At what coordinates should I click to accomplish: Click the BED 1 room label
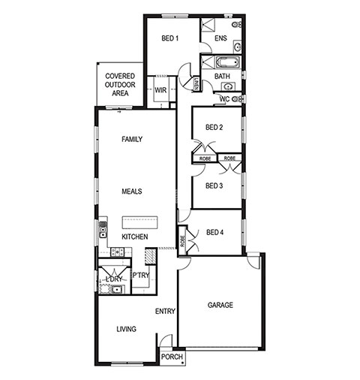170,38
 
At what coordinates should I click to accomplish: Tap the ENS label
220,38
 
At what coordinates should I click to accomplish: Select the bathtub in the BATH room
228,62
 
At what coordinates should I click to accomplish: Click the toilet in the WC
236,99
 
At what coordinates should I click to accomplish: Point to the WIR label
160,90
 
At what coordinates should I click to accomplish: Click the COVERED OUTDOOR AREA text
120,84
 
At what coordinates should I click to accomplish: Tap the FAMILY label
132,139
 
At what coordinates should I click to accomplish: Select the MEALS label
132,192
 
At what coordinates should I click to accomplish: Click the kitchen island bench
139,222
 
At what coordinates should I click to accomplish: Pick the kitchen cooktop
117,252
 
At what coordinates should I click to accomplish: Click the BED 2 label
214,128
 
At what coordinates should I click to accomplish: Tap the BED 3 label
214,185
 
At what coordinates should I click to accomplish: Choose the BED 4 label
214,233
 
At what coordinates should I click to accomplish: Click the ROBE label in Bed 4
182,241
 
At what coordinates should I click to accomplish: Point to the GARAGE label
220,305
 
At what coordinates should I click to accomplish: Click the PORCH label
172,357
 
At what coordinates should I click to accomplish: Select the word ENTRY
165,311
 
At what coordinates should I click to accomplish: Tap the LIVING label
127,329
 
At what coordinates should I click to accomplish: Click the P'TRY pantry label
140,276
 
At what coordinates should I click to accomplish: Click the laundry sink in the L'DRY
116,290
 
